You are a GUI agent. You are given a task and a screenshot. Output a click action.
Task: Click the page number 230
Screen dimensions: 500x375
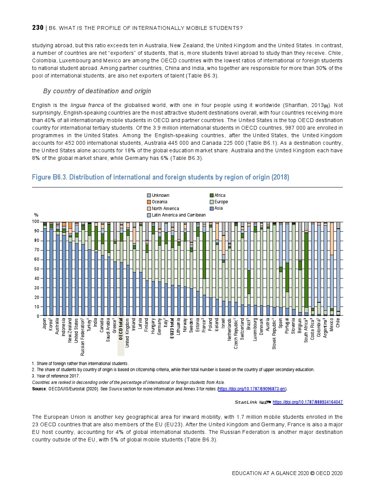(x=38, y=28)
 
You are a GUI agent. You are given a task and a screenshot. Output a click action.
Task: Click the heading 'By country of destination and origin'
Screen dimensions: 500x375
(x=97, y=91)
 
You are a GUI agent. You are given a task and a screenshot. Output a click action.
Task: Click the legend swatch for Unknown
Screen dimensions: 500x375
(x=149, y=195)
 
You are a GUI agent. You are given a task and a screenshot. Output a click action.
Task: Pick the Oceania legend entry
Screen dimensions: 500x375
(x=159, y=202)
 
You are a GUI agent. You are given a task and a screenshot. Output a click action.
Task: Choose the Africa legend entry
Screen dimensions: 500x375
(x=220, y=195)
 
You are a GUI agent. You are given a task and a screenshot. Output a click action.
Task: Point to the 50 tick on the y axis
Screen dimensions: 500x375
(x=36, y=269)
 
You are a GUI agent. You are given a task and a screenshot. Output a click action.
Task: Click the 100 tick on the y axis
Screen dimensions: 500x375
(x=36, y=222)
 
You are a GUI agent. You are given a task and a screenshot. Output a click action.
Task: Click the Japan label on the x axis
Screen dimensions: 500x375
(x=45, y=324)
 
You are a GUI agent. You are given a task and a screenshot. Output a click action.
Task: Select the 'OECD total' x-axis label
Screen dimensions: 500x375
(x=121, y=329)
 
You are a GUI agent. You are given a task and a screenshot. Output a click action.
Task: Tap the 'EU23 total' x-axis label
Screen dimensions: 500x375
(x=172, y=328)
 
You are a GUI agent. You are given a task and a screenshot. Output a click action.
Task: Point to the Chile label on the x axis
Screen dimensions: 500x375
(x=338, y=322)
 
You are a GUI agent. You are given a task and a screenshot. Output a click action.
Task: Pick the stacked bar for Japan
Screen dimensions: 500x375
(x=45, y=270)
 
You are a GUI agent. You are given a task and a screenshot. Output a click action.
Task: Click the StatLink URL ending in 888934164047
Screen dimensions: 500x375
(x=307, y=402)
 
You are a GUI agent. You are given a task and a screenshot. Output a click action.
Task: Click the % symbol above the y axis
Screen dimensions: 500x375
(x=36, y=215)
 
